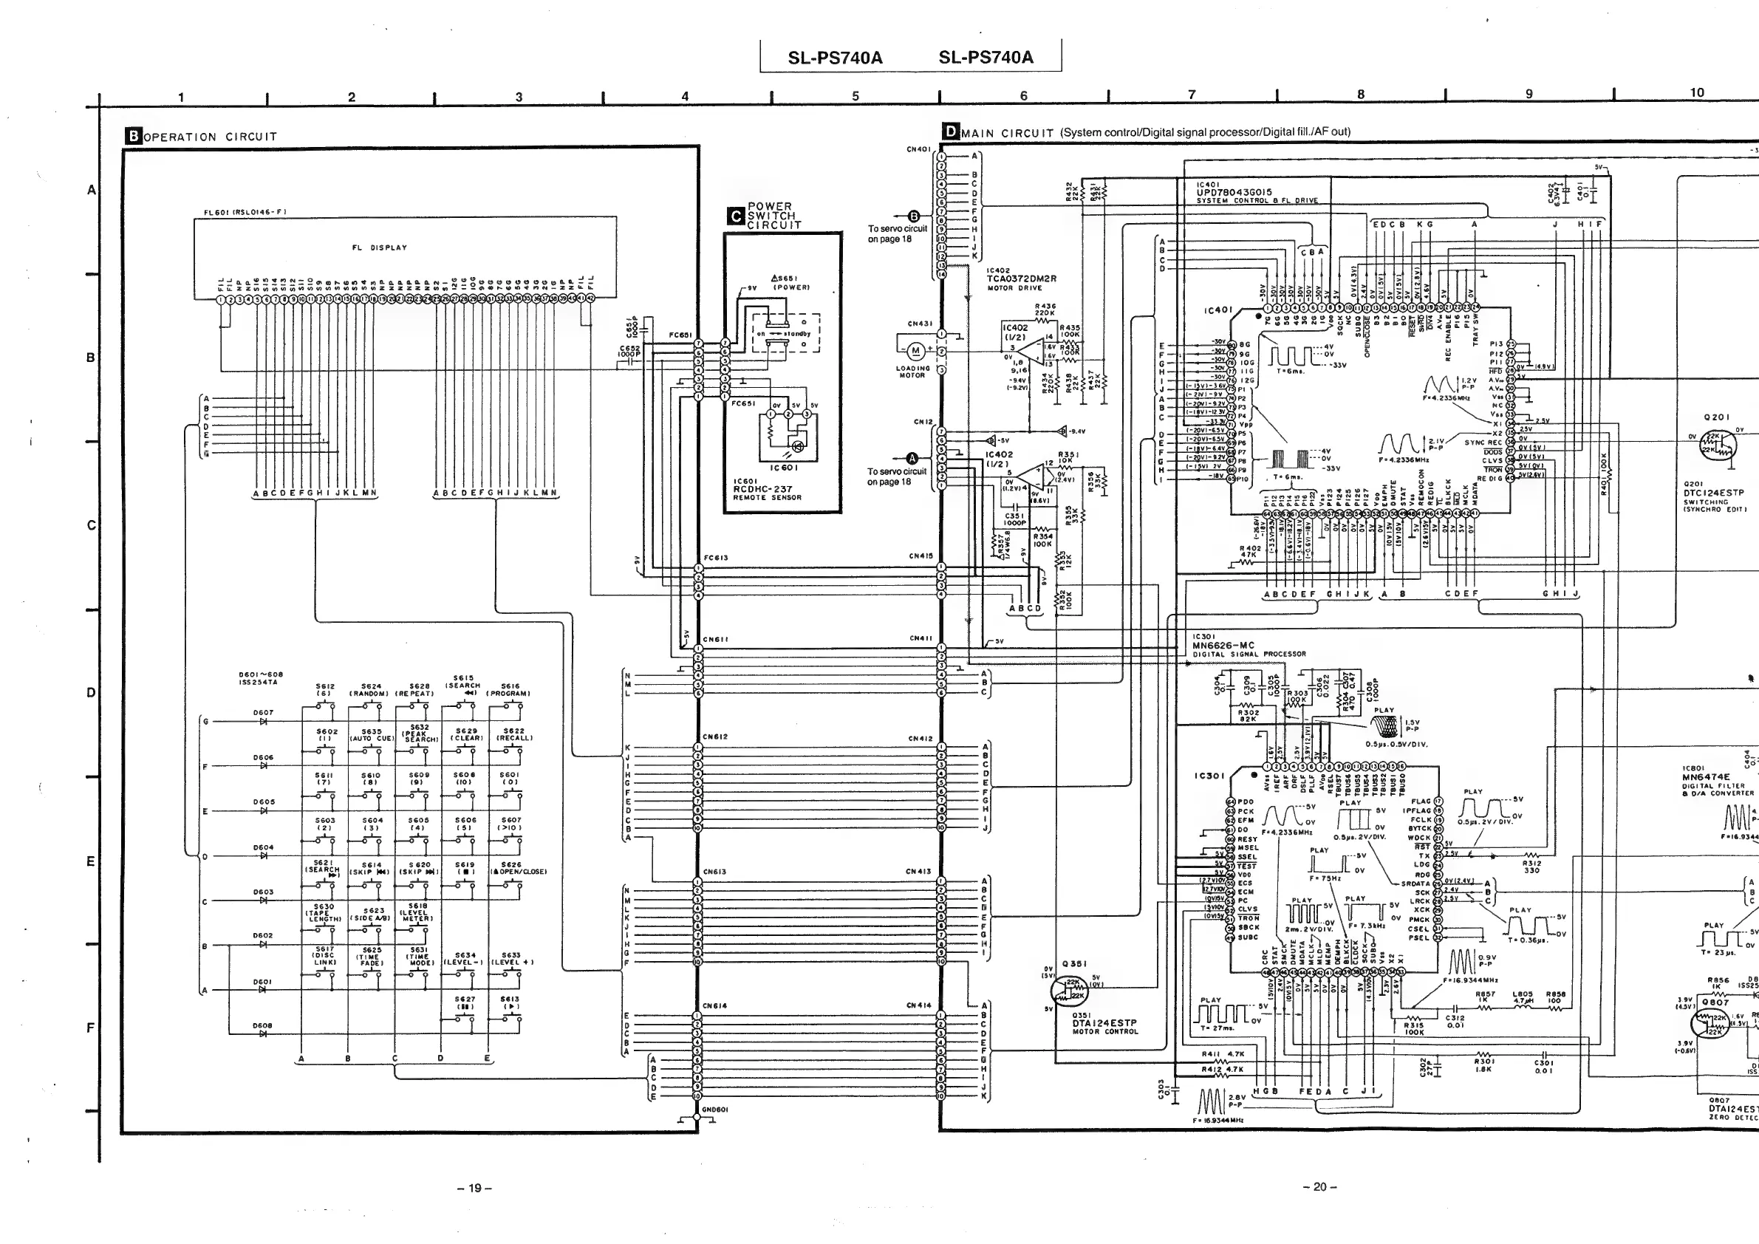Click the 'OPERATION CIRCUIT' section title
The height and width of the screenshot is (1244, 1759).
(210, 137)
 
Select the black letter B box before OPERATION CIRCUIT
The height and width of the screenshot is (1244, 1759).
(133, 137)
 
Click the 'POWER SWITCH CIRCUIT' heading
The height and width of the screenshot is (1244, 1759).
(773, 216)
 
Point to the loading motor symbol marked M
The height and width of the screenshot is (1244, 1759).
(914, 352)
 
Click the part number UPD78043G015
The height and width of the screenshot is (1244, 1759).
(1234, 192)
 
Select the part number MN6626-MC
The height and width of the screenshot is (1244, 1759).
(1223, 646)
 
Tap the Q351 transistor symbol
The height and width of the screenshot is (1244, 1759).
(1070, 991)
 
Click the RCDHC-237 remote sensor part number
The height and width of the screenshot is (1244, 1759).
(762, 489)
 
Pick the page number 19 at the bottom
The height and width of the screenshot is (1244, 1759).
(474, 1188)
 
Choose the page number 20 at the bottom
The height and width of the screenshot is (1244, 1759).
(1319, 1187)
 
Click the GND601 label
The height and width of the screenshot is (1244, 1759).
(715, 1109)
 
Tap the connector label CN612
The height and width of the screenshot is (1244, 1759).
(715, 737)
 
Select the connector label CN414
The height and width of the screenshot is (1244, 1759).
(918, 1006)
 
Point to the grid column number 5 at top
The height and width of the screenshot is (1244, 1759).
(855, 97)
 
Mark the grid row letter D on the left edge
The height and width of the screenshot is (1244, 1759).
(91, 692)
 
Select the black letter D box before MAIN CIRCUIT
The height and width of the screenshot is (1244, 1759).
(951, 131)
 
